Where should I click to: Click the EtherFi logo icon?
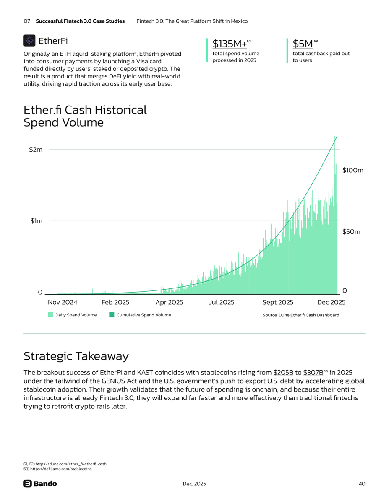coord(29,41)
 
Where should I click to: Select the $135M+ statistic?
coord(229,44)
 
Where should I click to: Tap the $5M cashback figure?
coord(303,44)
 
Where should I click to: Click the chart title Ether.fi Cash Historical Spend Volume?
coord(85,116)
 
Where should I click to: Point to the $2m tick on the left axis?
coord(36,150)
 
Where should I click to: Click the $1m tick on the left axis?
coord(36,221)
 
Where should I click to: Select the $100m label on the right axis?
coord(352,170)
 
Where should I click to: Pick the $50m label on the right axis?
coord(351,232)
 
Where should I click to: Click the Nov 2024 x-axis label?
coord(63,302)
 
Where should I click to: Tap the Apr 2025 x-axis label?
coord(169,302)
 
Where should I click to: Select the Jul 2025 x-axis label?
coord(222,302)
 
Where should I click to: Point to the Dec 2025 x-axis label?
coord(331,302)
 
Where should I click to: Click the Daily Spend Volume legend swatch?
coord(50,315)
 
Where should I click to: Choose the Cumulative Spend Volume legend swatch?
coord(112,315)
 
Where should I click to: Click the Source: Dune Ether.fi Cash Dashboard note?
coord(300,315)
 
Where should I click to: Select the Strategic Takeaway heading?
coord(76,356)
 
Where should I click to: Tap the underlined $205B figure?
coord(283,373)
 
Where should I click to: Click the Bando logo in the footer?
coord(40,484)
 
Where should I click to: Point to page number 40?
coord(362,484)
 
